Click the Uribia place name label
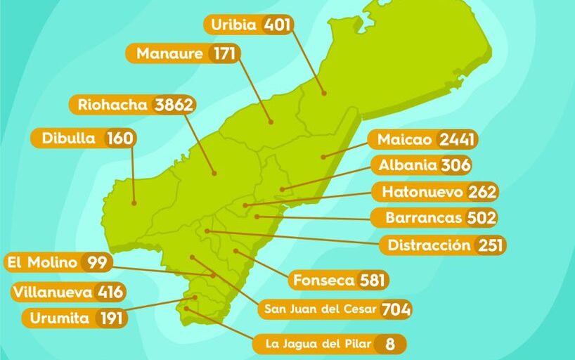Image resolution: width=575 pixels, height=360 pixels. pos(235,25)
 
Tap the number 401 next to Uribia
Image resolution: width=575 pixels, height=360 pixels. pos(277,25)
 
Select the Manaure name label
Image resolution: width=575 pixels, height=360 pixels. pos(169,53)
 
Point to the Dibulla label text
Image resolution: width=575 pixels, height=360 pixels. pos(68,138)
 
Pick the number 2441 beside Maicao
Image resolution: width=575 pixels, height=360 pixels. pos(456,139)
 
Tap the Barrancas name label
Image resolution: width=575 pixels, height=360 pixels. pos(424,217)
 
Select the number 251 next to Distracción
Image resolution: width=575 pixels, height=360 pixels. pos(490,245)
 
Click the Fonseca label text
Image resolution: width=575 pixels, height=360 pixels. pos(323,280)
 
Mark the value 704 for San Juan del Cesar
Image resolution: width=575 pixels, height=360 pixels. pos(396,309)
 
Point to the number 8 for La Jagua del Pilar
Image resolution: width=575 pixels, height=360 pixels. pos(389,344)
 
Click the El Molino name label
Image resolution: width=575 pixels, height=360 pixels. pos(41,263)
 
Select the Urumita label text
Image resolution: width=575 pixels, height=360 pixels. pos(59,318)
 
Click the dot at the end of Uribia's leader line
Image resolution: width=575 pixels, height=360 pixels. pos(324,93)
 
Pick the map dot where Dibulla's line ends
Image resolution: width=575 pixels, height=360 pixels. pos(133,203)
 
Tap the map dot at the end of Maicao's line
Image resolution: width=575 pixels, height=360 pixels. pos(323,156)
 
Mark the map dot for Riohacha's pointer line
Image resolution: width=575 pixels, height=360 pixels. pos(215,173)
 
